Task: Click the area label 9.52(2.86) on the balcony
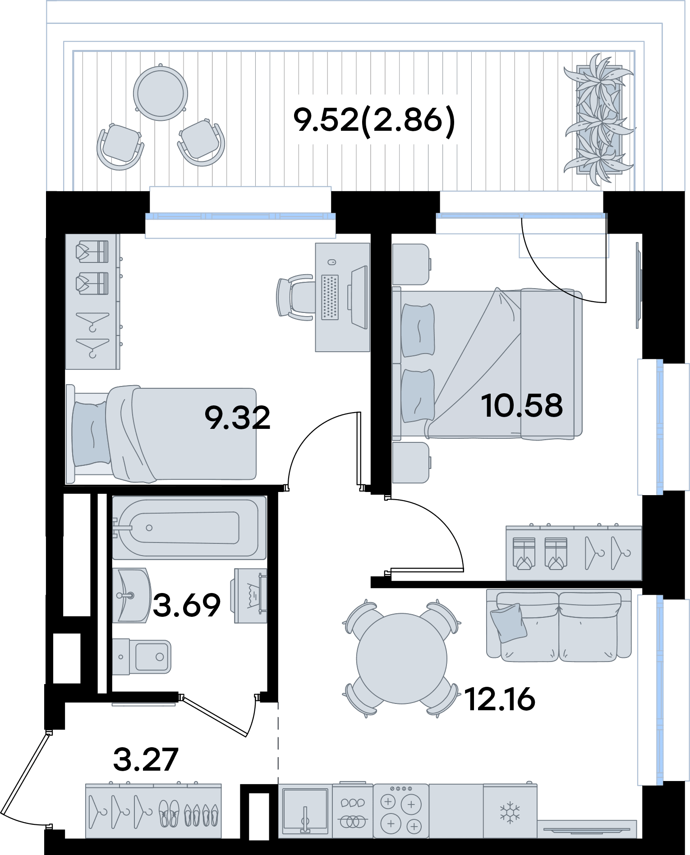click(374, 120)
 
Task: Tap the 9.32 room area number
click(237, 417)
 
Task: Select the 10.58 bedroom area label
click(522, 405)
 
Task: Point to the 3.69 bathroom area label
click(186, 605)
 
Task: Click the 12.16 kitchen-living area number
click(500, 699)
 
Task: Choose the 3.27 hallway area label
click(145, 759)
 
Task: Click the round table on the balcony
click(161, 94)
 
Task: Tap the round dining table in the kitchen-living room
click(401, 658)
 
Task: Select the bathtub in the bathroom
click(189, 528)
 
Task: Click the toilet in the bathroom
click(142, 657)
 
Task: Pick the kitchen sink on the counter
click(305, 811)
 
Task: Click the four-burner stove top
click(401, 811)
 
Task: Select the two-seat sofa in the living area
click(559, 625)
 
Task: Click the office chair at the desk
click(295, 298)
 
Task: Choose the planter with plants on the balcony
click(599, 120)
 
